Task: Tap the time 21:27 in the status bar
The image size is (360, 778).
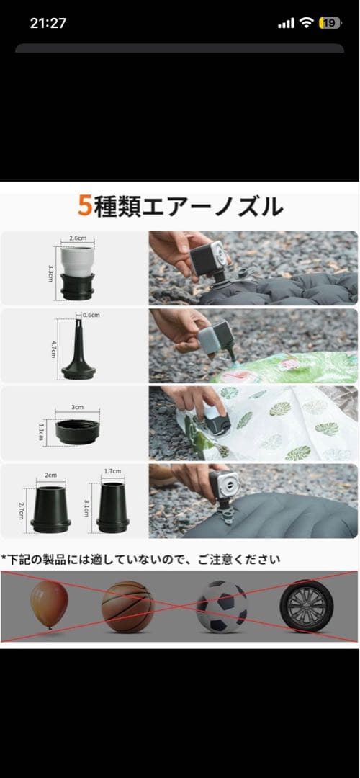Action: (x=48, y=23)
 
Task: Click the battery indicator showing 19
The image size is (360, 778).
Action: (x=330, y=23)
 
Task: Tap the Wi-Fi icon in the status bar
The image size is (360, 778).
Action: (x=306, y=23)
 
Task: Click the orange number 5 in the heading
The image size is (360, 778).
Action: (x=85, y=207)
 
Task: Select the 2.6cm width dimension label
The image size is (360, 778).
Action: (x=78, y=238)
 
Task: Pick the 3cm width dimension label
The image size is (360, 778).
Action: (x=77, y=406)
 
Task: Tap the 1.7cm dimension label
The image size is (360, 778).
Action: (x=112, y=471)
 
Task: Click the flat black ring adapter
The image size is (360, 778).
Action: (x=77, y=432)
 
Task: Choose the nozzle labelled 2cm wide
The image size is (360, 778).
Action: (x=51, y=509)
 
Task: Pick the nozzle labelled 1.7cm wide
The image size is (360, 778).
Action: (x=112, y=509)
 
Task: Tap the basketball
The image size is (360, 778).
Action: (x=127, y=607)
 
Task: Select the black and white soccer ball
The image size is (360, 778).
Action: (x=222, y=607)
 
